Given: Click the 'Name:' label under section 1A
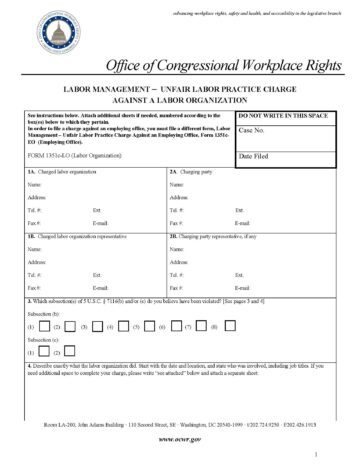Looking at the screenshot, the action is pyautogui.click(x=35, y=186).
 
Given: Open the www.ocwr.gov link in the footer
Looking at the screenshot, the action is pyautogui.click(x=181, y=438).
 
